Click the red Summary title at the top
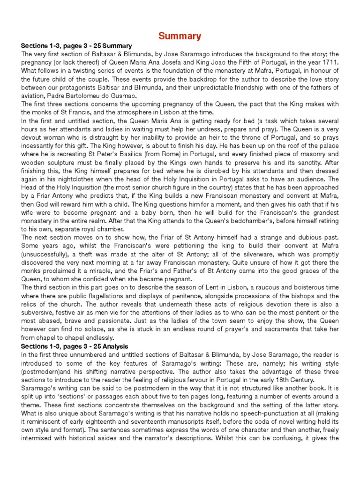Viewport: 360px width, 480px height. point(180,36)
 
